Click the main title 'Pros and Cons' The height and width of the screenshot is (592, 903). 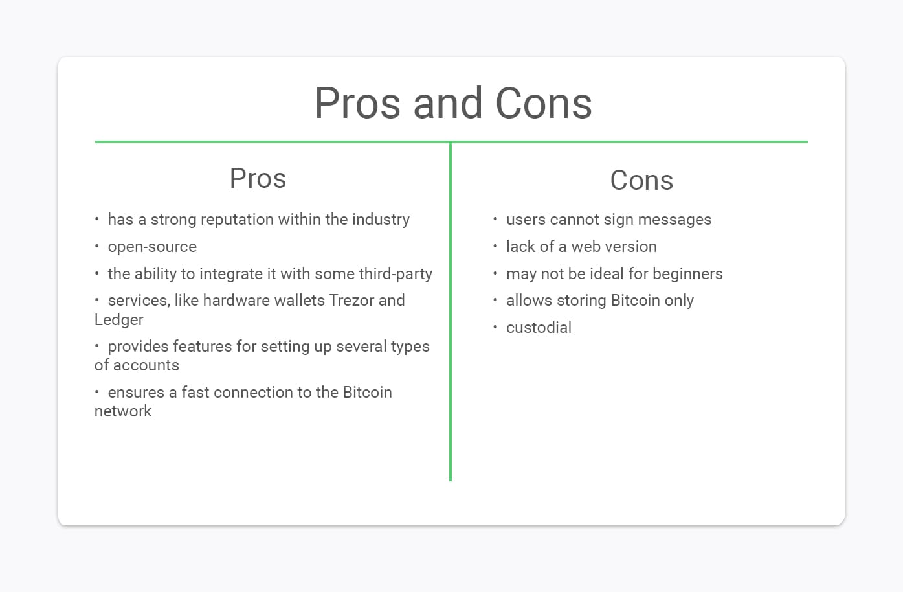[453, 103]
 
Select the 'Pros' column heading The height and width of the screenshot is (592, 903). [258, 178]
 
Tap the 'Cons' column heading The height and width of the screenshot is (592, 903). [641, 180]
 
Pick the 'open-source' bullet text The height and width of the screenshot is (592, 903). [152, 247]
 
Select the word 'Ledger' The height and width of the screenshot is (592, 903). [119, 320]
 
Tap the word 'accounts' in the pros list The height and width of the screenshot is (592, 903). [146, 366]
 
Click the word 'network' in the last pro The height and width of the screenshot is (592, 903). [123, 411]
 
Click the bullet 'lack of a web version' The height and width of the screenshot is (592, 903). [581, 247]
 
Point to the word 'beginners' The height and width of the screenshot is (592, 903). [687, 274]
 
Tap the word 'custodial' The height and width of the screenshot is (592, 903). [539, 328]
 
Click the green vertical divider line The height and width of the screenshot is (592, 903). [451, 312]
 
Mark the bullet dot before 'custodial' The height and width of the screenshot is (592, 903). [495, 326]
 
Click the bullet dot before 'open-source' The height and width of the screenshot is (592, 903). [96, 245]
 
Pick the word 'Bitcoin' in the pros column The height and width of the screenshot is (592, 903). [367, 393]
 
